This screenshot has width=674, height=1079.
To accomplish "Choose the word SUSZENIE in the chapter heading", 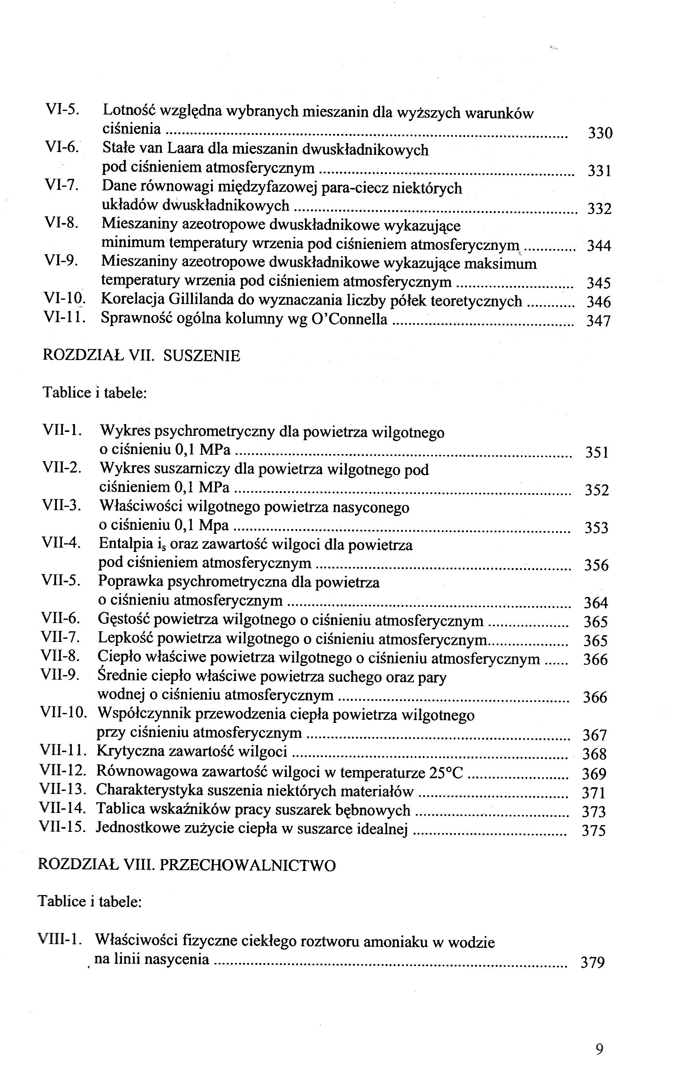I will pyautogui.click(x=202, y=355).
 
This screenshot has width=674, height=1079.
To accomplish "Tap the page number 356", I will pyautogui.click(x=596, y=565).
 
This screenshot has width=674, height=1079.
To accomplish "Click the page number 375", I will pyautogui.click(x=594, y=831).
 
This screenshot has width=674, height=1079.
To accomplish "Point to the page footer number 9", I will pyautogui.click(x=599, y=1049).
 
